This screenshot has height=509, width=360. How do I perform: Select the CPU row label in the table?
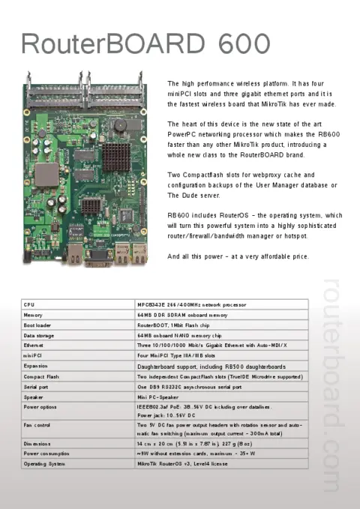point(30,305)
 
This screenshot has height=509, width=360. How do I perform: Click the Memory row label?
point(34,316)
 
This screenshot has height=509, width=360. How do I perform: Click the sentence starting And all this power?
point(238,257)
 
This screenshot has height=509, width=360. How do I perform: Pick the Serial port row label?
point(37,387)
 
